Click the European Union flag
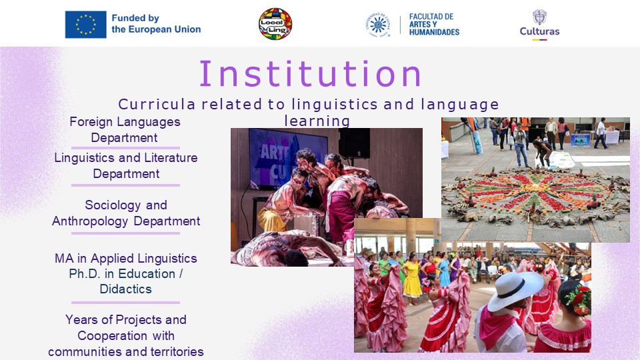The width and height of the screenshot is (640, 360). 86,25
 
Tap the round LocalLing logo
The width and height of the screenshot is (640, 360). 275,24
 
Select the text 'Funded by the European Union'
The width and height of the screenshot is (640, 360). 156,24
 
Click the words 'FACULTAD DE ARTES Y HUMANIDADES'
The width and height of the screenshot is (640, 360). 434,24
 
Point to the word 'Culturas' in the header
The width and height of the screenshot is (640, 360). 539,31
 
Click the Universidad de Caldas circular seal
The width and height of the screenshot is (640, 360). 378,25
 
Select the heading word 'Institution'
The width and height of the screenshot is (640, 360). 310,74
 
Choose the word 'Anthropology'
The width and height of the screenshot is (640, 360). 90,221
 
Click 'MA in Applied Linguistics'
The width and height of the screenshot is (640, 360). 126,259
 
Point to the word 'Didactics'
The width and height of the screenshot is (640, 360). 126,289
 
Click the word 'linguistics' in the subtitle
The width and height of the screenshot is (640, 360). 335,105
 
